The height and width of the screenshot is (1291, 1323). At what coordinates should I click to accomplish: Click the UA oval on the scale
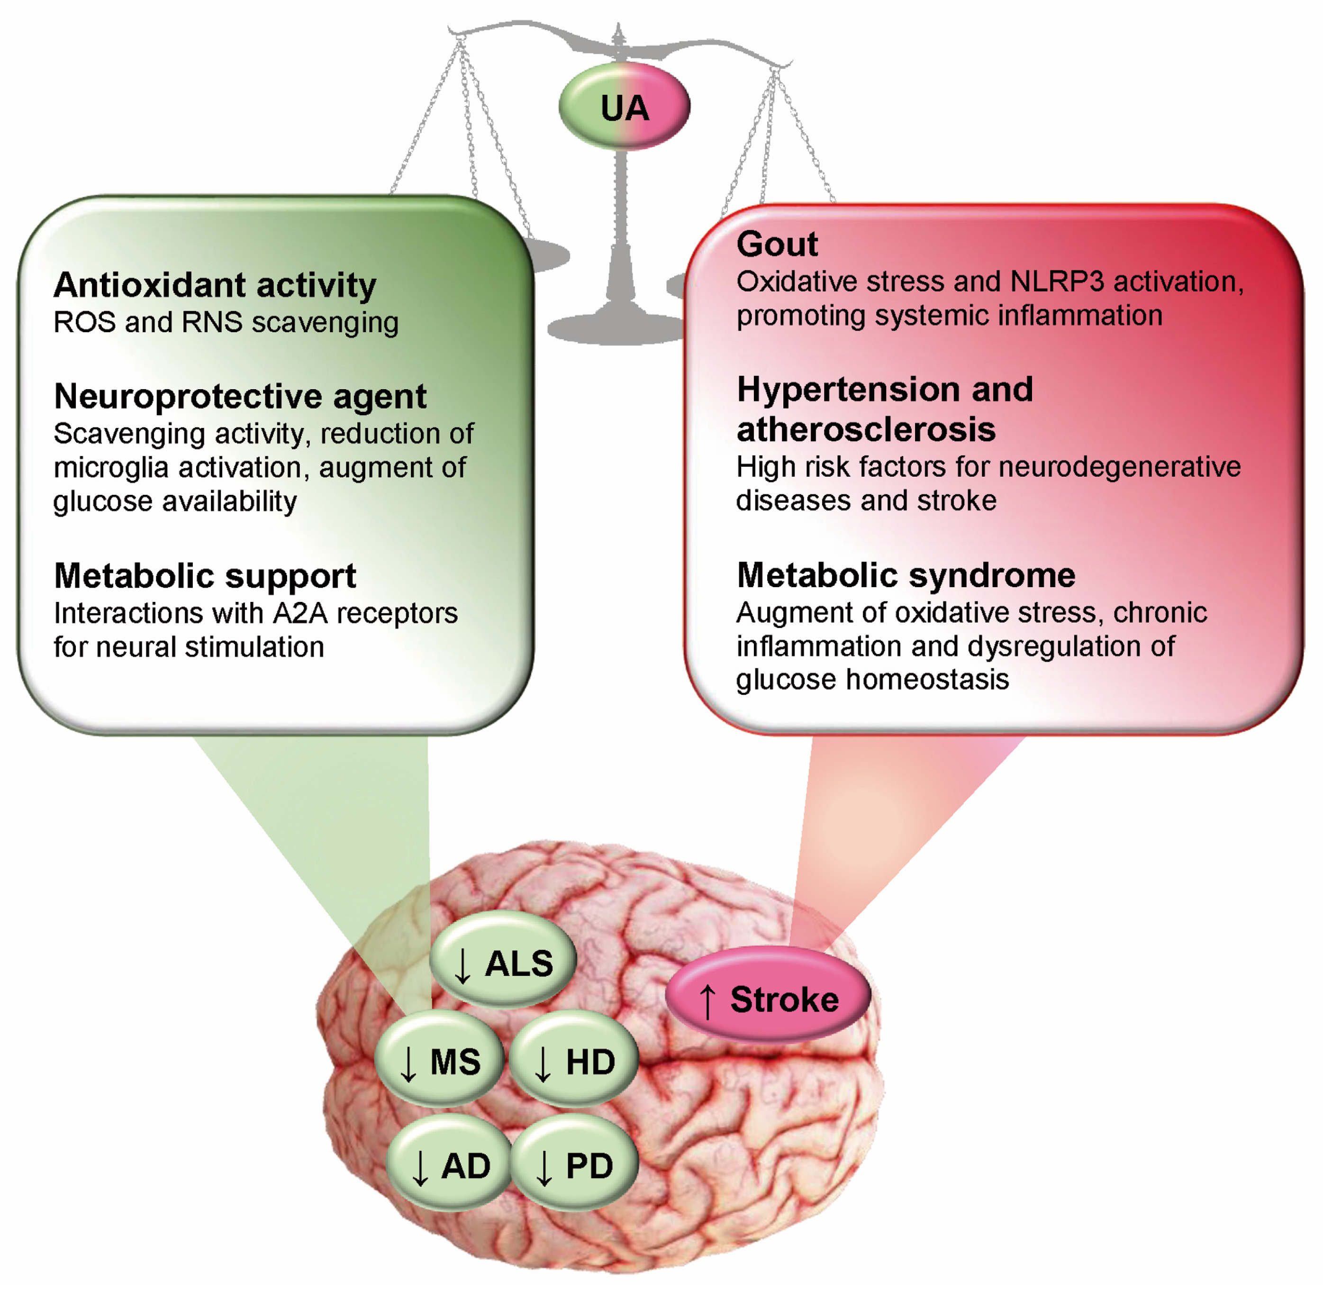624,107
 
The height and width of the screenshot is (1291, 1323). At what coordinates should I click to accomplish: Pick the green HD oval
573,1061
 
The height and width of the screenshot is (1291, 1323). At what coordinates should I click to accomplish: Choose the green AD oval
449,1165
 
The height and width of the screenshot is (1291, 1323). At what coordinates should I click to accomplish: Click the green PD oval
574,1165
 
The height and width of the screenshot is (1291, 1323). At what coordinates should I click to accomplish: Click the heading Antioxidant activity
215,285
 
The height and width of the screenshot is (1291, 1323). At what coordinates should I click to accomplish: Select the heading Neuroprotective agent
240,396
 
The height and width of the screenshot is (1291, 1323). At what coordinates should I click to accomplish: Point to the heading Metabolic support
205,576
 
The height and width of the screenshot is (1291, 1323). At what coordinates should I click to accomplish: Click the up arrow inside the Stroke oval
707,1001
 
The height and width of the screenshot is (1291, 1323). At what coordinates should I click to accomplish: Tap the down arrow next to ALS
462,965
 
